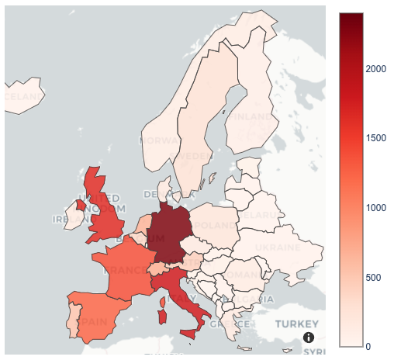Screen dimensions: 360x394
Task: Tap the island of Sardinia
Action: [x=163, y=317]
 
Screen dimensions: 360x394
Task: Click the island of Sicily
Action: [x=189, y=334]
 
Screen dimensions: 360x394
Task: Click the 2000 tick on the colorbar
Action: [x=376, y=69]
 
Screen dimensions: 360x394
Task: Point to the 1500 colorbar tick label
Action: [x=376, y=138]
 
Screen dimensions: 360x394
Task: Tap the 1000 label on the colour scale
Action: [x=376, y=207]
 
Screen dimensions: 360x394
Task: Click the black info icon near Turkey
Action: [x=309, y=337]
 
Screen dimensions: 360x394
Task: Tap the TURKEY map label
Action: [x=297, y=323]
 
